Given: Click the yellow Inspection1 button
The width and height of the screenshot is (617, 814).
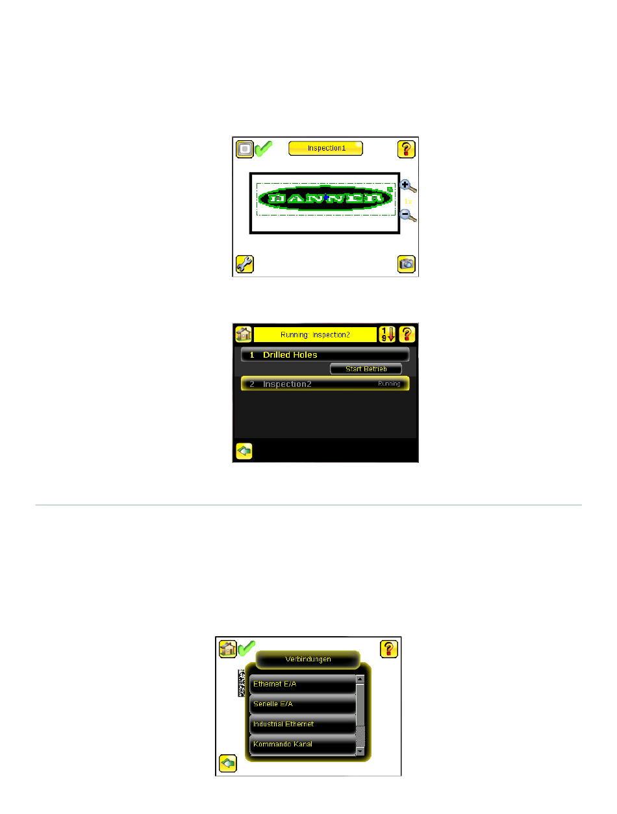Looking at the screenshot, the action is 325,148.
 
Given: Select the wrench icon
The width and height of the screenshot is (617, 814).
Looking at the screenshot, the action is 244,264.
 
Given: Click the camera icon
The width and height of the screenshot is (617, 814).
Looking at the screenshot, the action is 407,264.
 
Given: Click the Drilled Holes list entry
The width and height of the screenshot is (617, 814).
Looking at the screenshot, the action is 325,355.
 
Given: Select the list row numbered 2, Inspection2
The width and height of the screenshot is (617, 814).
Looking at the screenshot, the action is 325,384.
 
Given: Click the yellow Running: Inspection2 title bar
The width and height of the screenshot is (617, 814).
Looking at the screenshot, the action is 315,334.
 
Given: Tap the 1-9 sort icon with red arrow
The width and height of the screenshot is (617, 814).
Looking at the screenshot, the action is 387,334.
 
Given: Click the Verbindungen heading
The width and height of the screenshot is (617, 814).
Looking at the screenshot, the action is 308,660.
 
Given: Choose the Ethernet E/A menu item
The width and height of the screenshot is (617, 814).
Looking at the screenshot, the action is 303,684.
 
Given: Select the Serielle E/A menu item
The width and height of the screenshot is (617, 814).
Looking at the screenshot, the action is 303,704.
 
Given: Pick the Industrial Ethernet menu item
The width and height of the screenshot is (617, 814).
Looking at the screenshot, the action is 303,724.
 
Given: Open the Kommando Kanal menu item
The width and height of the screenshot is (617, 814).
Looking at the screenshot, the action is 303,744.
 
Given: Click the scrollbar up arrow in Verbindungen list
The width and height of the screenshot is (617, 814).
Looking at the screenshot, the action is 360,680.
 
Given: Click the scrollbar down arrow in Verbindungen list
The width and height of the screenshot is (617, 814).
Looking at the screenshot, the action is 360,751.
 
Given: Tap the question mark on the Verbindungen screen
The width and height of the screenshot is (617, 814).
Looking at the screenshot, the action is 388,648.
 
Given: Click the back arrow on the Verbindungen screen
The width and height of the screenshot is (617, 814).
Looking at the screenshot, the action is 228,763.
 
